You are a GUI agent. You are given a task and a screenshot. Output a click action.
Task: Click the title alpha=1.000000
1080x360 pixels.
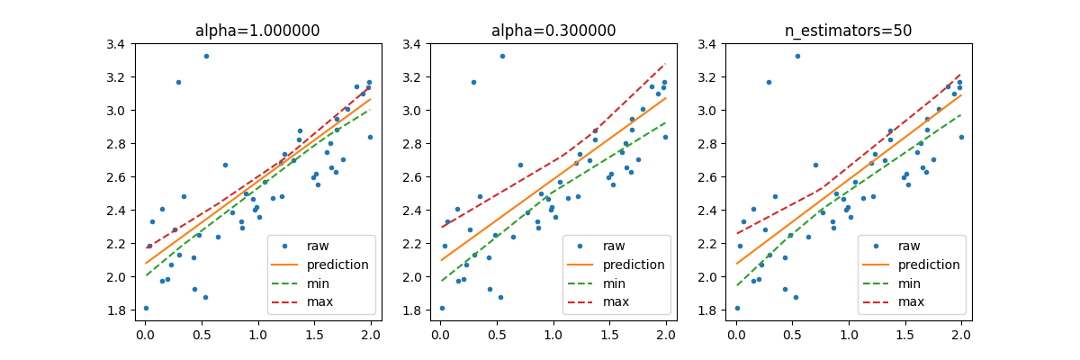tap(257, 31)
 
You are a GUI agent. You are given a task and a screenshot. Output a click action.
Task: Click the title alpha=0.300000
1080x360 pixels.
tap(553, 31)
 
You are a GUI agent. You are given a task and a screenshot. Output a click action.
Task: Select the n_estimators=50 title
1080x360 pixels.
tap(849, 31)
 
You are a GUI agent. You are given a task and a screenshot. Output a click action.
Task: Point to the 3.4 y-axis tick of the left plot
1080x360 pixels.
tap(123, 44)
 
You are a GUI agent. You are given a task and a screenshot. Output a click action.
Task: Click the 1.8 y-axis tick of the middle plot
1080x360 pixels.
tap(418, 310)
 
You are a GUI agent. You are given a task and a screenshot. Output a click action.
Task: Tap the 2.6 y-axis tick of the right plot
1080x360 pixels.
tap(714, 177)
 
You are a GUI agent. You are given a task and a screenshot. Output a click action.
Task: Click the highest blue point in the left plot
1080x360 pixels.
tap(206, 56)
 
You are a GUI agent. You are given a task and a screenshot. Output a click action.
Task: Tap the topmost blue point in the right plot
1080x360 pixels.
tap(797, 56)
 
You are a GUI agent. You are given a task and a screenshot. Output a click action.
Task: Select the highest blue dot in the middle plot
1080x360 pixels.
tap(502, 56)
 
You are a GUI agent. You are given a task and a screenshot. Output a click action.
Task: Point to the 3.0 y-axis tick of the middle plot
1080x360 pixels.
tap(418, 111)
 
